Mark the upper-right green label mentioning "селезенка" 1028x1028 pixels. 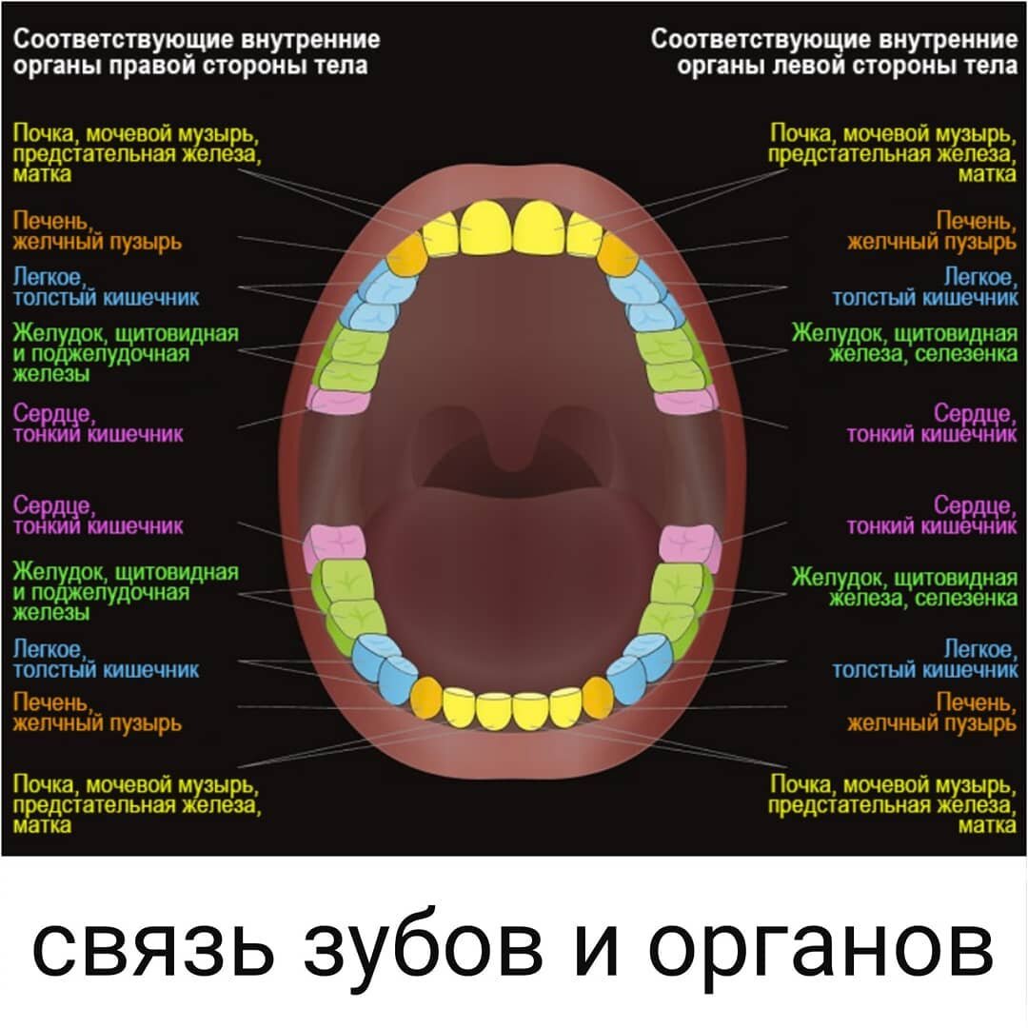tap(905, 344)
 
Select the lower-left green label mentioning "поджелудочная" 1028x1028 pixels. tap(125, 591)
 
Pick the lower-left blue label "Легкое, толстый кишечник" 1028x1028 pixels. tap(106, 659)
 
